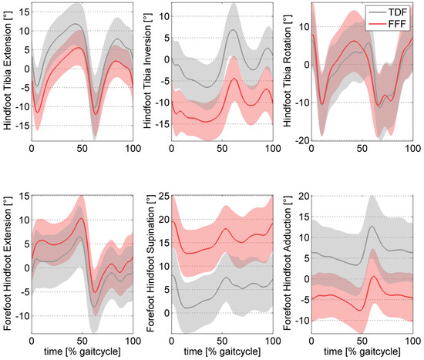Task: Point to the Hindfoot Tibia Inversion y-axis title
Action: click(149, 71)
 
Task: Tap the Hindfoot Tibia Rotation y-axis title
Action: click(293, 71)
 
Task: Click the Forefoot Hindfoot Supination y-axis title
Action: click(149, 259)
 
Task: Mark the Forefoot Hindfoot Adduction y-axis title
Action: click(293, 259)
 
